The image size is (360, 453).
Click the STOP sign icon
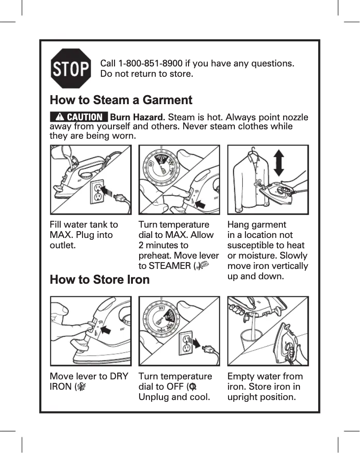[71, 69]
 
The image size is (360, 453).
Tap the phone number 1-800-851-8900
[150, 63]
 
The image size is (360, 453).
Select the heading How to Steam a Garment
[121, 100]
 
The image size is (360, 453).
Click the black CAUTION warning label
[79, 117]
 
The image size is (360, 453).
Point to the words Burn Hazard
[137, 117]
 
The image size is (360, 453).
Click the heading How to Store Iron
[100, 280]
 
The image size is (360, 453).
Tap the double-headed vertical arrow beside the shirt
[278, 163]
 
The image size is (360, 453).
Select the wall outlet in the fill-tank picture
[97, 192]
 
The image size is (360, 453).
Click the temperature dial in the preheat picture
[162, 167]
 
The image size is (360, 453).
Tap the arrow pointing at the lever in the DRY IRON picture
[106, 330]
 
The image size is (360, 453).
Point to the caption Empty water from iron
[265, 381]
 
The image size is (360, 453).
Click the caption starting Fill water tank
[84, 235]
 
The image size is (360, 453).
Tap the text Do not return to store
[147, 74]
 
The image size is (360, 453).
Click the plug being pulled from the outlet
[208, 350]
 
